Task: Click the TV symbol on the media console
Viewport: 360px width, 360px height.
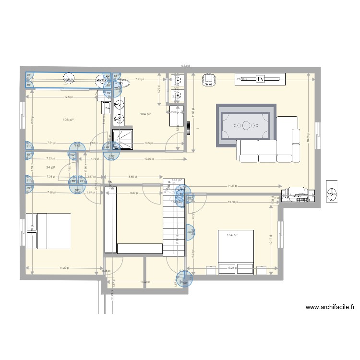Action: (x=260, y=79)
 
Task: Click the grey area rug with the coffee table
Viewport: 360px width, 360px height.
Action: (x=246, y=125)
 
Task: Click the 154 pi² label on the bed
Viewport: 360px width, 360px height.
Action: (x=233, y=235)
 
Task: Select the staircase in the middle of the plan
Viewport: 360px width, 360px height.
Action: (x=174, y=218)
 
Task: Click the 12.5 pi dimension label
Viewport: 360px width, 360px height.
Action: (x=68, y=97)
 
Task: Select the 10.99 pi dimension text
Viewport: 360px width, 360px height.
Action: (x=149, y=159)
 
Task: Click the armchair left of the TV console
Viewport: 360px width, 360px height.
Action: (x=209, y=80)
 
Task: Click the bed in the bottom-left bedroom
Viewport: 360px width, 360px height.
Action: (x=49, y=231)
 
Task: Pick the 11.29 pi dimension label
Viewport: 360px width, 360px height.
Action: (x=64, y=268)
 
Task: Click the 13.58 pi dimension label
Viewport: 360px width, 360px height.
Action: (x=234, y=202)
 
